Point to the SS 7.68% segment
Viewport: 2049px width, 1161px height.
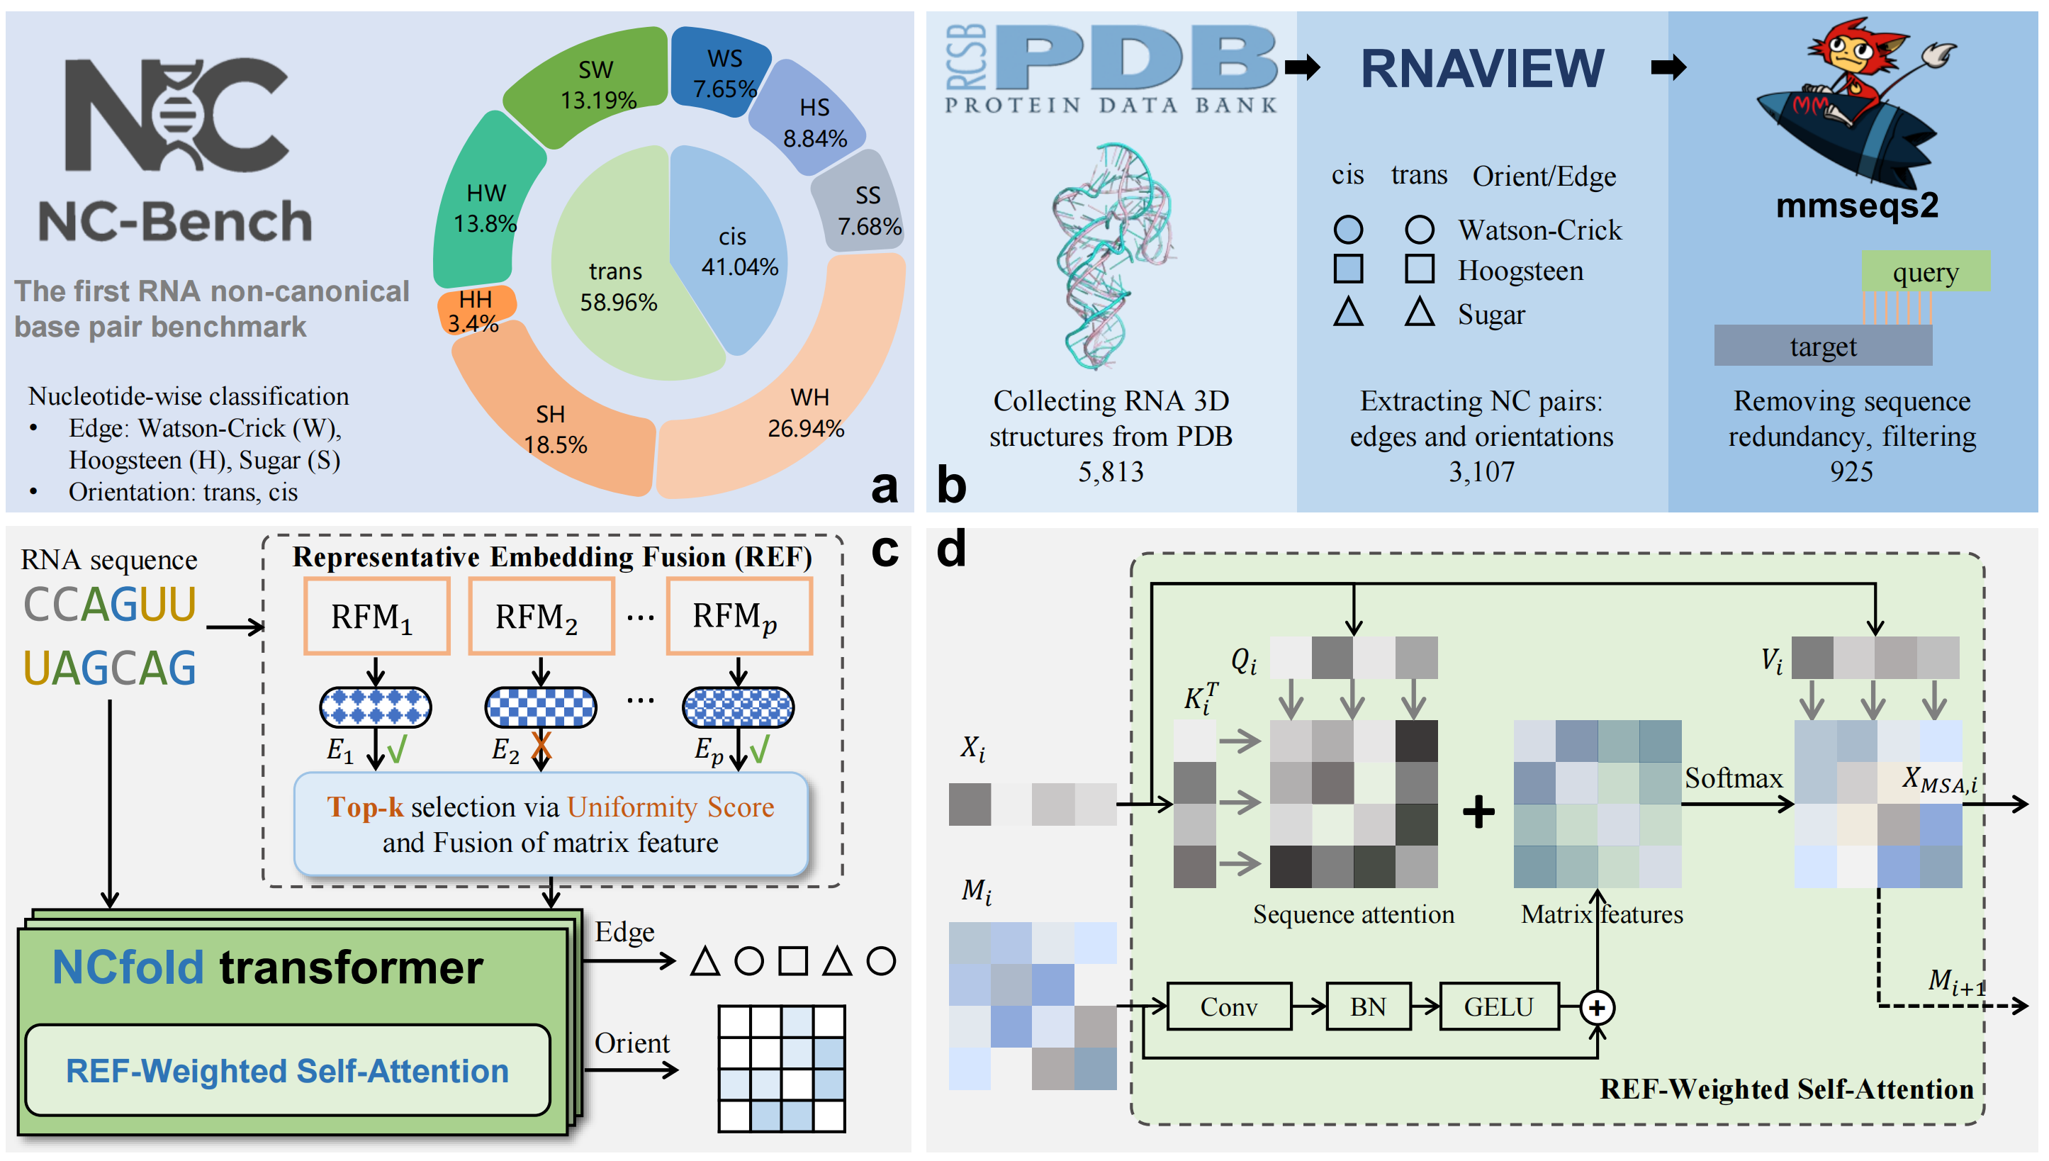(862, 208)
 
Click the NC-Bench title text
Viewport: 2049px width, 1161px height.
(175, 222)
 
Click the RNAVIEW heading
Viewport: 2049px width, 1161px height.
(1481, 69)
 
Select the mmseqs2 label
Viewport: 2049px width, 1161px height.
(1856, 206)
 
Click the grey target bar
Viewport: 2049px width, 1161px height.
(1823, 346)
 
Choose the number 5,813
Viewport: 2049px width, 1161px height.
(1111, 472)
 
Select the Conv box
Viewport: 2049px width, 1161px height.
(1228, 1006)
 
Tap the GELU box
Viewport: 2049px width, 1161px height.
(1498, 1006)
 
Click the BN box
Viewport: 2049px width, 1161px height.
(1367, 1006)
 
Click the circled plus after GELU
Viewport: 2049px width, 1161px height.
(1597, 1008)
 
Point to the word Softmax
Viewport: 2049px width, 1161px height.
(1734, 778)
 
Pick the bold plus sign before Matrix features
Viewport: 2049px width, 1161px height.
(1478, 812)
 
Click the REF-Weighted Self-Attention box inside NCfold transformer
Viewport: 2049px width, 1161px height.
(287, 1070)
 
